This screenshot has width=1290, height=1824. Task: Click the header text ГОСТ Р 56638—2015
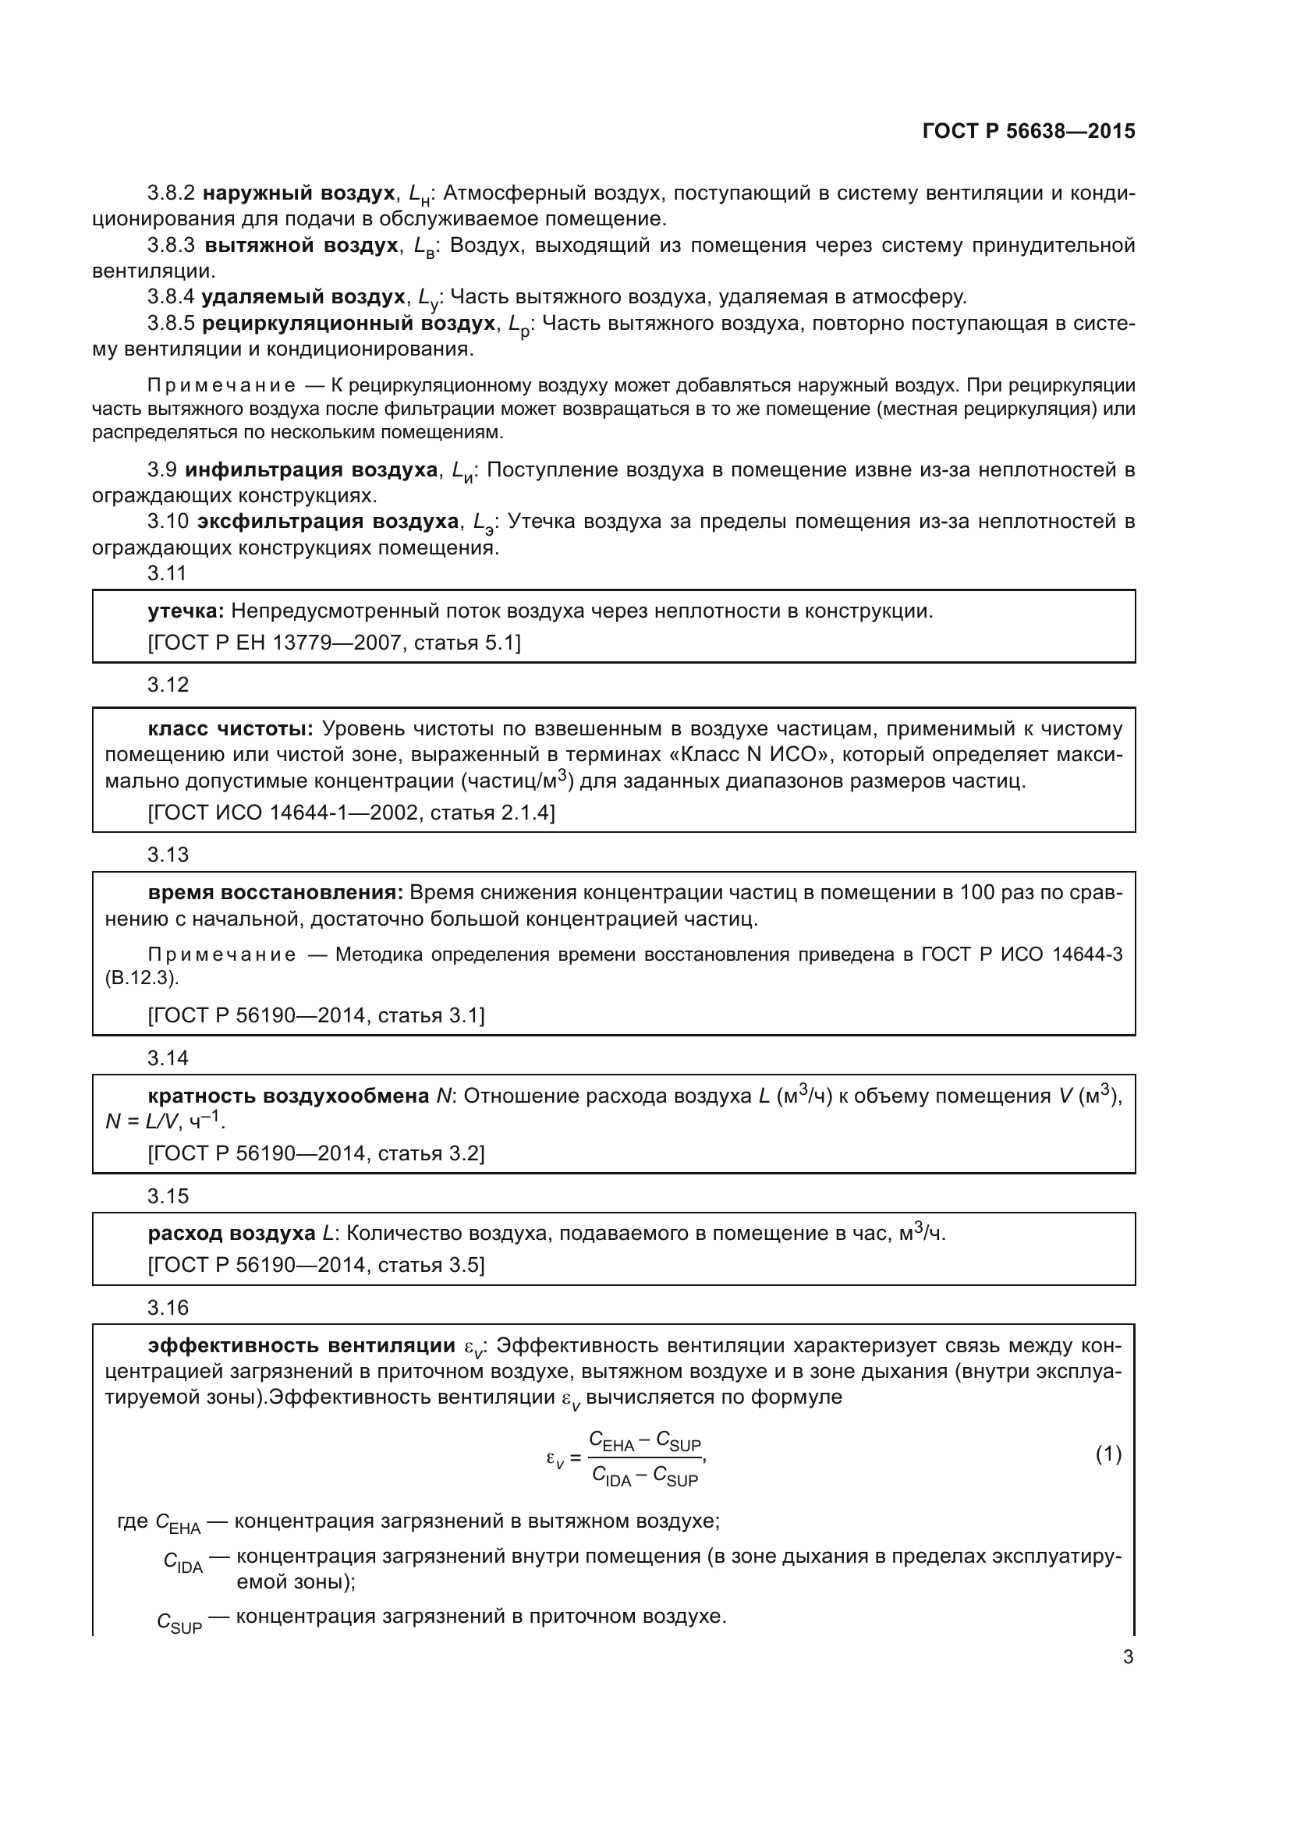pos(1029,131)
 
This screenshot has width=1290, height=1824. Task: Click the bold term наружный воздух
pos(299,193)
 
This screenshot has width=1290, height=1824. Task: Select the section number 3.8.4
pos(171,297)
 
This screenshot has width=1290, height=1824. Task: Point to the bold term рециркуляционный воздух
pos(349,324)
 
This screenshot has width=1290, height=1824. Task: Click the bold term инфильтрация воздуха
pos(310,470)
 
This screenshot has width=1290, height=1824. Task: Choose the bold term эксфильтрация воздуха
pos(328,522)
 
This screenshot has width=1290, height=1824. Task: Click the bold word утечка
pos(186,611)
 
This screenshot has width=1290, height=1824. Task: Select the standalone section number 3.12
pos(168,685)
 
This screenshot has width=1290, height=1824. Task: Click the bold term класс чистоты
pos(230,729)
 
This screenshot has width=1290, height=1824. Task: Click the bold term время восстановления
pos(275,893)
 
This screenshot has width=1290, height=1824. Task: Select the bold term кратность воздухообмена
pos(289,1096)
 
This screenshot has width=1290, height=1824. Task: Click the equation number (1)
pos(1108,1454)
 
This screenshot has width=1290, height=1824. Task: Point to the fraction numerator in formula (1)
pos(644,1440)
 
